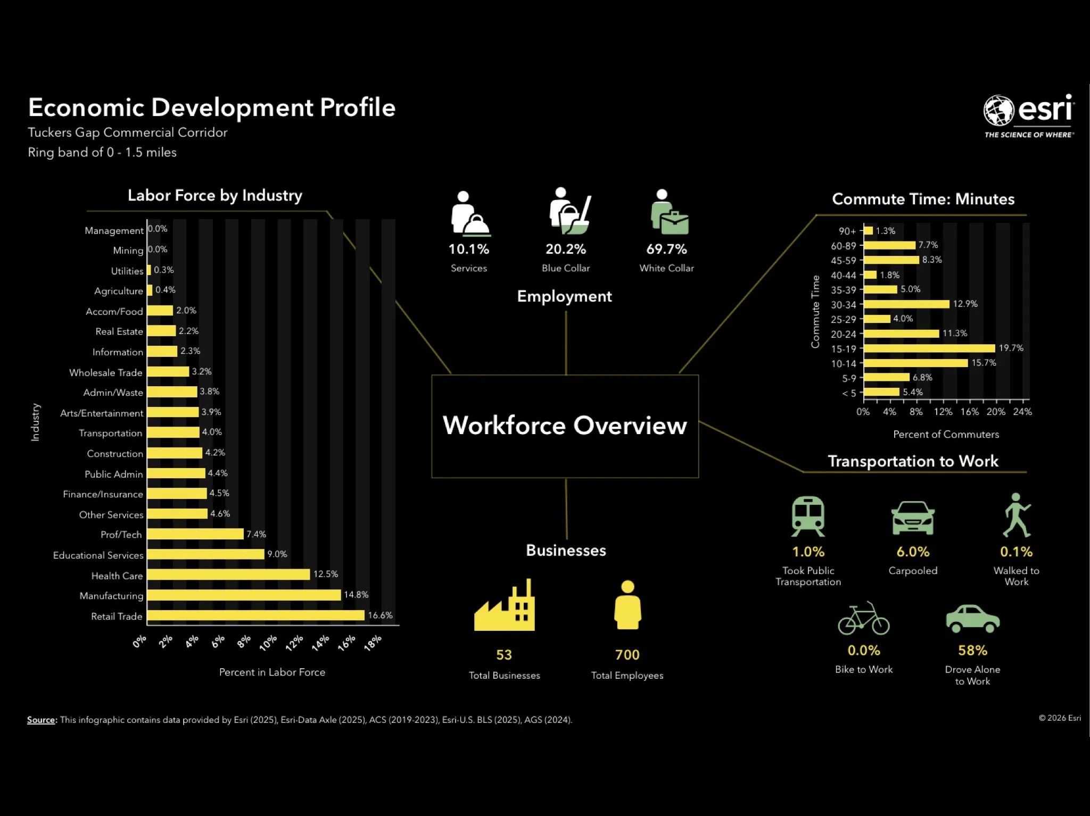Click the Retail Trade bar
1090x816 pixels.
pyautogui.click(x=255, y=615)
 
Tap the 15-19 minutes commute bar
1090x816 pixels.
pyautogui.click(x=929, y=348)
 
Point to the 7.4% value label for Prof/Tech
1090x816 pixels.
pyautogui.click(x=256, y=534)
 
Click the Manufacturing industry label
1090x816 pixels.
pyautogui.click(x=111, y=596)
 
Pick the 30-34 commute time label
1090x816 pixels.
pyautogui.click(x=843, y=305)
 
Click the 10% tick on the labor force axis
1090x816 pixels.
pyautogui.click(x=268, y=643)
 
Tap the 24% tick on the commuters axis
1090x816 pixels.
pyautogui.click(x=1022, y=412)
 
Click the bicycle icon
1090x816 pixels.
pyautogui.click(x=863, y=619)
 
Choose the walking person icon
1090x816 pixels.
pyautogui.click(x=1017, y=515)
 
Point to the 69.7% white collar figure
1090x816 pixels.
pyautogui.click(x=666, y=249)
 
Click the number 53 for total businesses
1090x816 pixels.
pyautogui.click(x=504, y=655)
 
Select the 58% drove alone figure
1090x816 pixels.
pyautogui.click(x=972, y=651)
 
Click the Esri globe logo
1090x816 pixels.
pyautogui.click(x=998, y=110)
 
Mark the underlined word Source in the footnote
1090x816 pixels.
pyautogui.click(x=41, y=720)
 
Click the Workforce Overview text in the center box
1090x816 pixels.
pyautogui.click(x=565, y=426)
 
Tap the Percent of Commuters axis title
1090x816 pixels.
pyautogui.click(x=946, y=434)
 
